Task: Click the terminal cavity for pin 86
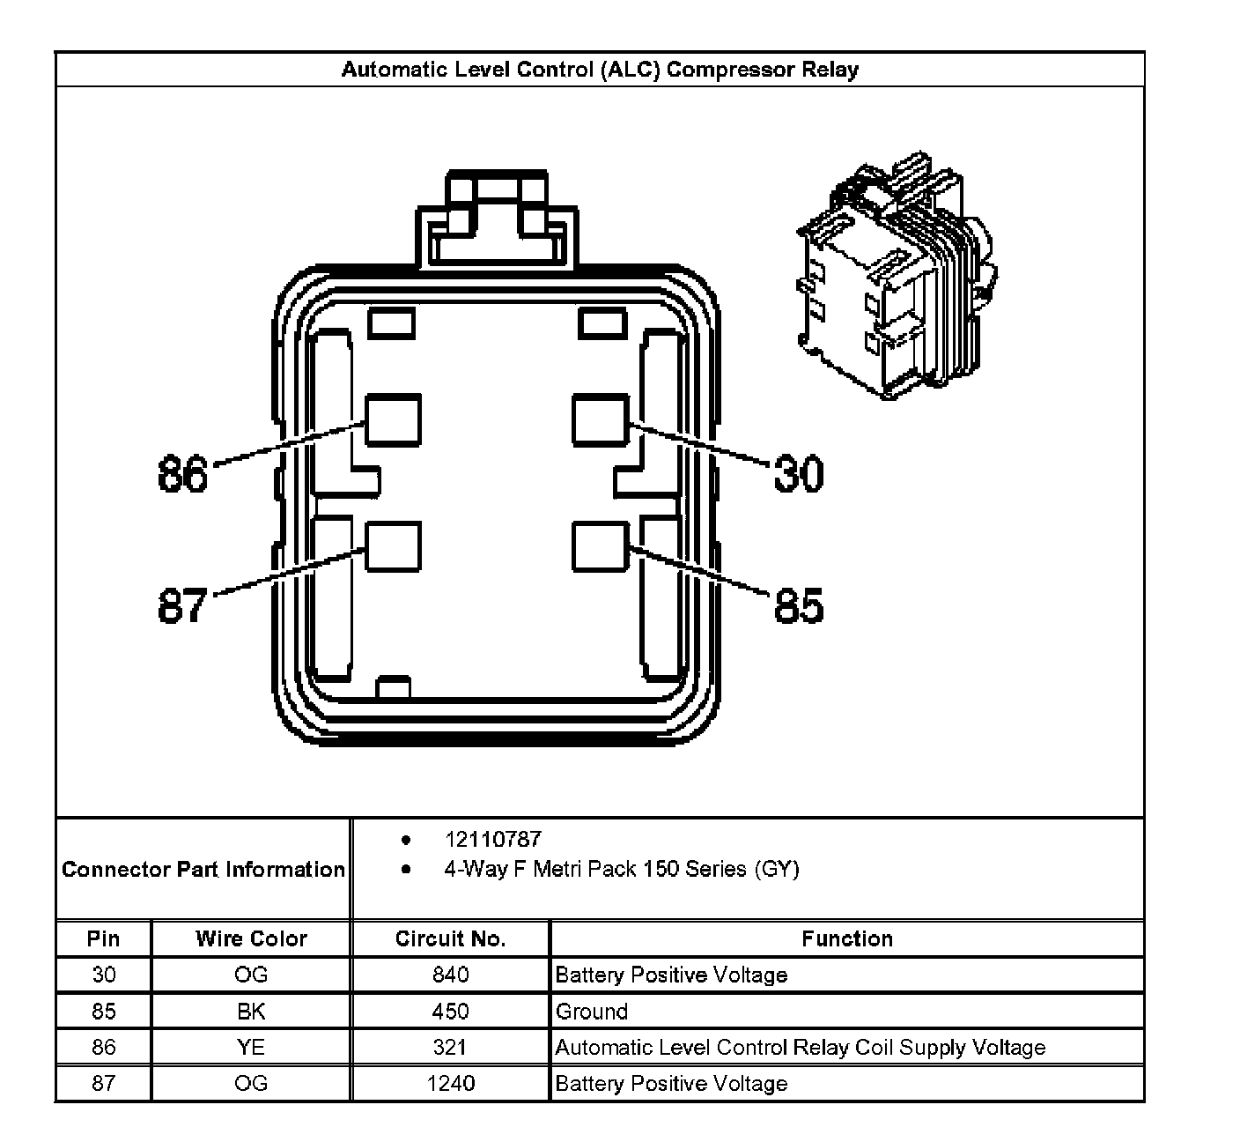pos(393,419)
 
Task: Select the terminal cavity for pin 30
pos(601,419)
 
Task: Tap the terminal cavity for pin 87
pos(393,546)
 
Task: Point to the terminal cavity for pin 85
pos(601,546)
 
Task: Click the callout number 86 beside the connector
pos(183,474)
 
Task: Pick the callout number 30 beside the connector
pos(799,473)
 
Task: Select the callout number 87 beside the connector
pos(183,606)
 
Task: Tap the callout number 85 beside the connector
pos(799,606)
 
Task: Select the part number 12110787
pos(492,840)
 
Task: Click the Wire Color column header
pos(251,938)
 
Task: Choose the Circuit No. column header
pos(450,938)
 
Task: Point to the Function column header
pos(846,938)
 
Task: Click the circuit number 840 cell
pos(450,975)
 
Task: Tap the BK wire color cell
pos(251,1011)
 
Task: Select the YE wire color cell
pos(251,1047)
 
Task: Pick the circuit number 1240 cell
pos(450,1083)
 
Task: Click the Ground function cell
pos(592,1011)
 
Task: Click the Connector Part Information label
pos(203,870)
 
